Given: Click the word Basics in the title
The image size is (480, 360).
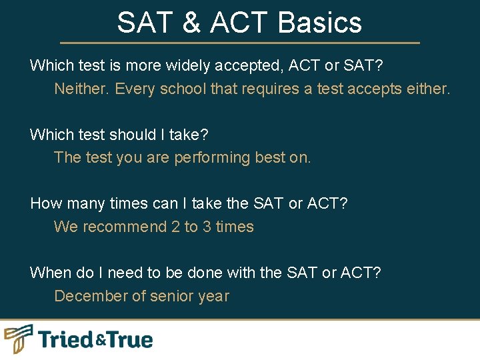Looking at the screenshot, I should tap(320, 23).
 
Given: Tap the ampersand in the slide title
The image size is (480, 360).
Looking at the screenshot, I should tap(191, 23).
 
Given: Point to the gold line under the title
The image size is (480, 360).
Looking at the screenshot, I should tap(240, 43).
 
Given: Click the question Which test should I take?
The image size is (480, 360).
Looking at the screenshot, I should tap(119, 135).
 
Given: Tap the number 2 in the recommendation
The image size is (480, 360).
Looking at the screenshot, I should tap(175, 227).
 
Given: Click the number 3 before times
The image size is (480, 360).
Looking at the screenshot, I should tap(207, 227).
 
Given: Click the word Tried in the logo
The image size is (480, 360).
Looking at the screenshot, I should tap(66, 339).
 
